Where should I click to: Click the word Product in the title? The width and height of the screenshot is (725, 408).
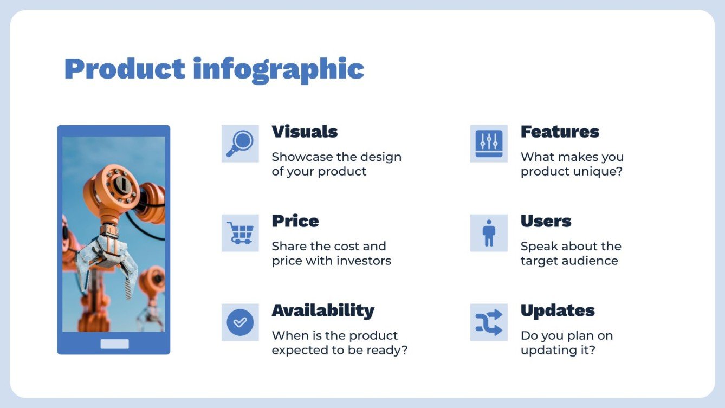(x=125, y=69)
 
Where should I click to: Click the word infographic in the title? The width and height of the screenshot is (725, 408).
(x=278, y=70)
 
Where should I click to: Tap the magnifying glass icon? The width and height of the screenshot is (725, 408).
(x=240, y=144)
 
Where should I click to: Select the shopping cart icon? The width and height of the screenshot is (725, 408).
(x=240, y=233)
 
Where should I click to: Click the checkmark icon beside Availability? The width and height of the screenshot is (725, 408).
(x=240, y=322)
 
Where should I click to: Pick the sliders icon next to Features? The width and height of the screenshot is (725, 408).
(x=489, y=144)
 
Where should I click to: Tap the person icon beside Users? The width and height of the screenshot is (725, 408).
(x=489, y=233)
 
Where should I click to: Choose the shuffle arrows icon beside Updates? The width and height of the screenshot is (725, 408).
(x=489, y=322)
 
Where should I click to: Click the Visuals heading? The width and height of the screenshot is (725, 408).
(x=305, y=132)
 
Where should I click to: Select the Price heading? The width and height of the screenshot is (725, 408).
(x=295, y=221)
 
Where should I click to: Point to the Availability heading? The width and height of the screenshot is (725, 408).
(x=323, y=310)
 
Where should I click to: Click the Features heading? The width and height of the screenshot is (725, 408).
(x=560, y=132)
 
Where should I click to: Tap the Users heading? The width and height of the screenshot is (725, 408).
(x=546, y=221)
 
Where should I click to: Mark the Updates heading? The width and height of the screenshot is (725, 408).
(x=558, y=310)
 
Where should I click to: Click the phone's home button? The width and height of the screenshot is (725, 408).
(x=114, y=344)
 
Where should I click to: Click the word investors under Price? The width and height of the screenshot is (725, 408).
(x=364, y=261)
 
